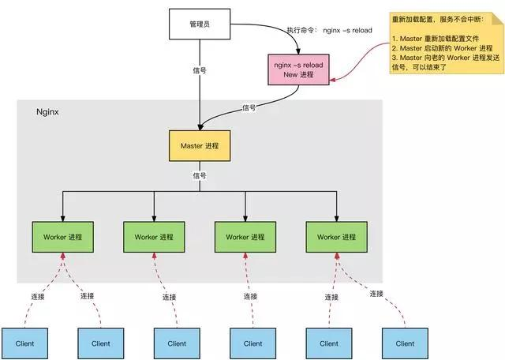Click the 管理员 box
(199, 24)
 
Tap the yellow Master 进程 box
(200, 146)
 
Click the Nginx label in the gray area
(49, 113)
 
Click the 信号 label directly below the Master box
(200, 176)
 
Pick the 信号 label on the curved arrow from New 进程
(249, 107)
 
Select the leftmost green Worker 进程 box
(62, 237)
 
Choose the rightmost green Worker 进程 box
(336, 237)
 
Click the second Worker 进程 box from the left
(154, 237)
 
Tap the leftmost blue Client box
(25, 343)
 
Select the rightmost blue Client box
(405, 343)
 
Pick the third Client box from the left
(177, 343)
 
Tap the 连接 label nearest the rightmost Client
(376, 294)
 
